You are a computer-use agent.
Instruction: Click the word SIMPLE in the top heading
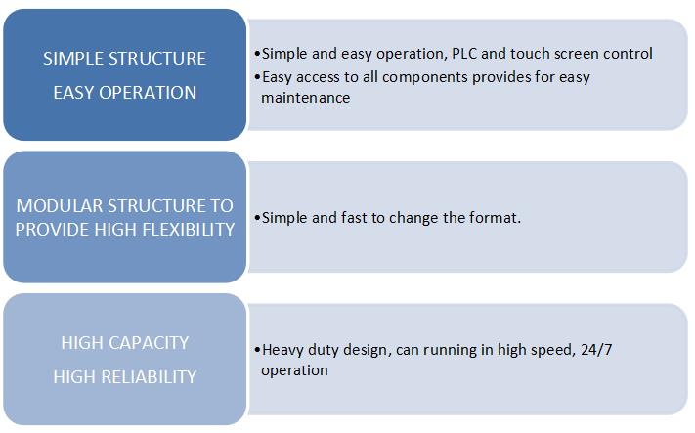point(73,59)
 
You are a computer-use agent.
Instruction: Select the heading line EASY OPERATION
point(124,93)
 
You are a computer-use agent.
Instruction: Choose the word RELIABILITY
point(149,377)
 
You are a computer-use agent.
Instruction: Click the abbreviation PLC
point(464,54)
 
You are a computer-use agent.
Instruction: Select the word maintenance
point(305,98)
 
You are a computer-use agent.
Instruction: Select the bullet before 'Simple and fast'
point(257,218)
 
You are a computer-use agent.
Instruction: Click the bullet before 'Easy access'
point(257,77)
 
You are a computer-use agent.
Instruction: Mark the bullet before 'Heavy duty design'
point(257,350)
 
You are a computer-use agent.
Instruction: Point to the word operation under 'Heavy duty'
point(294,371)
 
